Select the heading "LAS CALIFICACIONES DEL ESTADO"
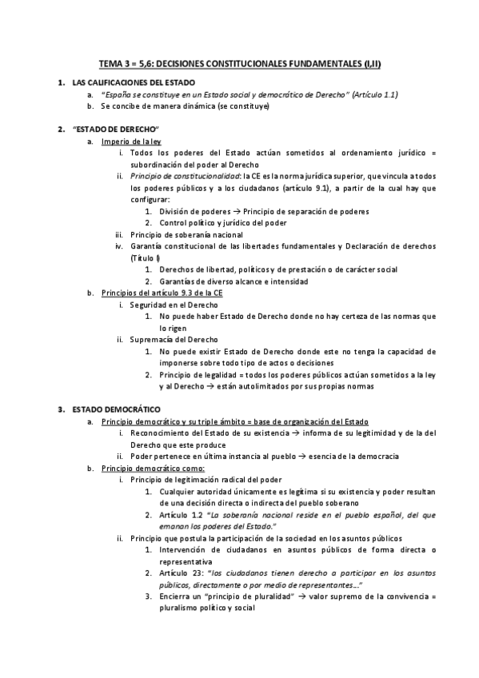tap(133, 82)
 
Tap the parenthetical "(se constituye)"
tap(240, 106)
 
